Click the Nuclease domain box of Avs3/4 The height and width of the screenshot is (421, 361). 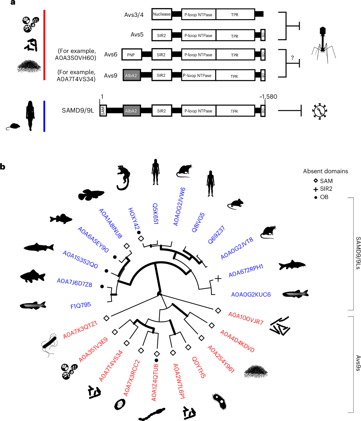[162, 14]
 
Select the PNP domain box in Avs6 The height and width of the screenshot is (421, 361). [131, 55]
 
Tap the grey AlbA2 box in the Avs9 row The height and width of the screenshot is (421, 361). [131, 75]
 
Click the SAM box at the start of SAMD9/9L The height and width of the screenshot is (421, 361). [103, 111]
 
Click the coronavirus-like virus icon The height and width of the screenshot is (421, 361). [319, 111]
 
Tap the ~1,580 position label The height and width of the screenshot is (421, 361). [268, 97]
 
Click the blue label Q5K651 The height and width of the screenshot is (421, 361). [156, 213]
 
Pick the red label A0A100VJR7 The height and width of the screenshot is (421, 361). [245, 318]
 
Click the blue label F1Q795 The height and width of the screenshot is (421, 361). [81, 306]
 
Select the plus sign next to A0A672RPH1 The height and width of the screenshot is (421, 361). [218, 278]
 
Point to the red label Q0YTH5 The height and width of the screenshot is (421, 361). [199, 367]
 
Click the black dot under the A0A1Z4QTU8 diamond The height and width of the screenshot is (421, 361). [156, 360]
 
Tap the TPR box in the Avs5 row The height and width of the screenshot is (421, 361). [235, 36]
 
